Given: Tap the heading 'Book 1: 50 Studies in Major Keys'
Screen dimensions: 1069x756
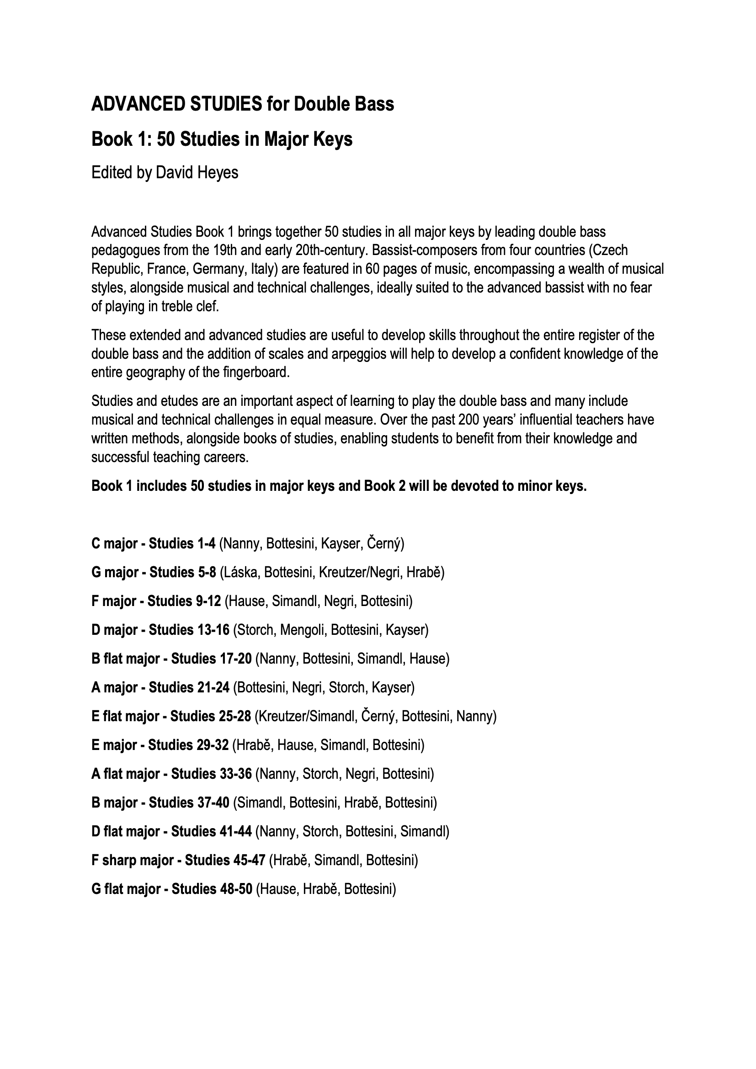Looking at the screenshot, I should [x=222, y=139].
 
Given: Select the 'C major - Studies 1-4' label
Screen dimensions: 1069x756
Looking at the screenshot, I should [x=153, y=543].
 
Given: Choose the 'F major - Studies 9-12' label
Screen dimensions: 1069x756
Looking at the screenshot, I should [x=156, y=601].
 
